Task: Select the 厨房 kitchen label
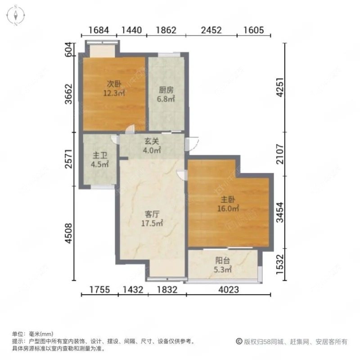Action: coord(166,90)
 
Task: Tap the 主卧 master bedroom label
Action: coord(228,200)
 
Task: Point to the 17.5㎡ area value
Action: coord(152,223)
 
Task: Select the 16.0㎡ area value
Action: coord(229,208)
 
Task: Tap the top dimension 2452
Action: coord(211,31)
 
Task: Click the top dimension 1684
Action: coord(99,31)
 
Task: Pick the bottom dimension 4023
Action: coord(228,290)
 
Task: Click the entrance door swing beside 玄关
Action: coord(192,144)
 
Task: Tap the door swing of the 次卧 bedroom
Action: coord(130,129)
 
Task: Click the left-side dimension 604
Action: coord(68,48)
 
